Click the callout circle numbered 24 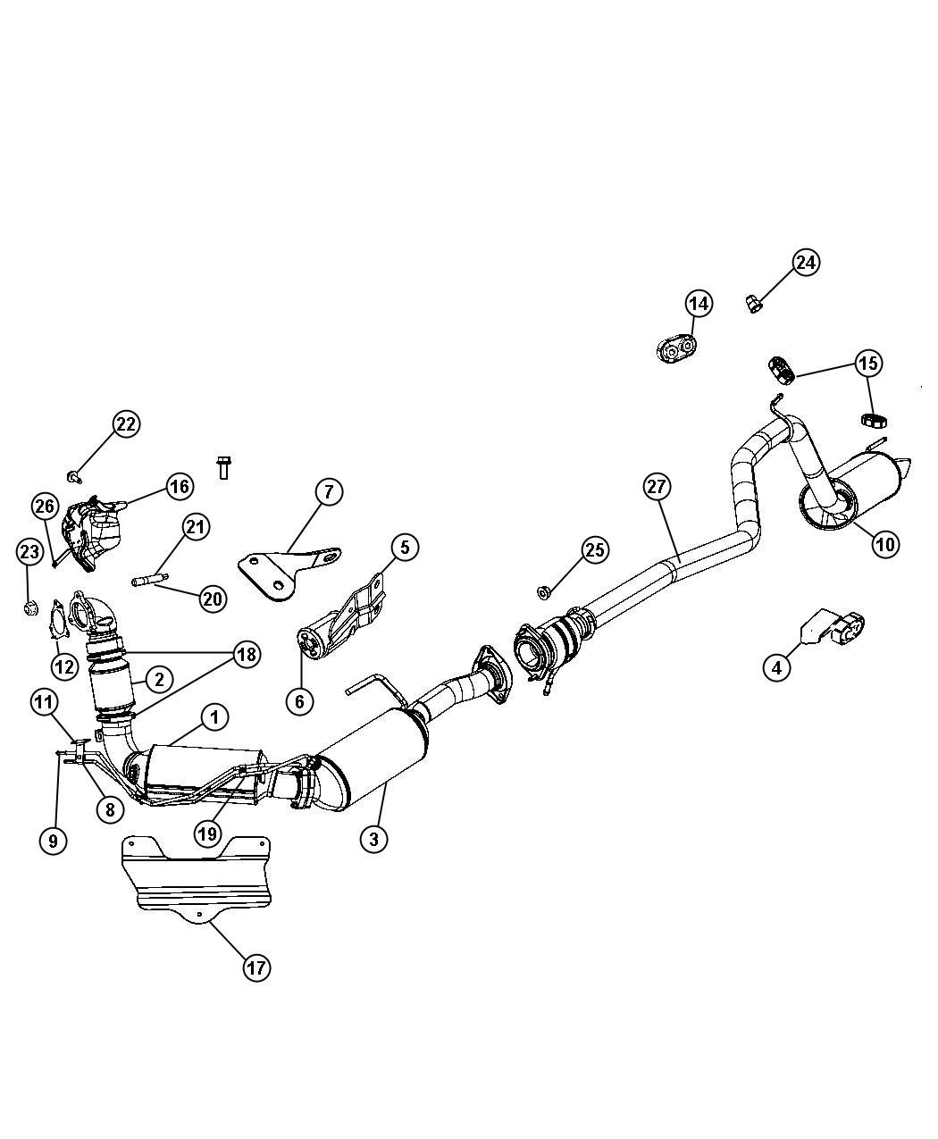pos(806,263)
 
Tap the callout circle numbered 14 pos(699,304)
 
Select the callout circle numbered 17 pos(256,967)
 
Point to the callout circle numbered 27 pos(657,487)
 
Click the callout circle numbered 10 pos(885,543)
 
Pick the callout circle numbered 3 pos(374,838)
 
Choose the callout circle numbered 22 pos(126,424)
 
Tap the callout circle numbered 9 pos(53,840)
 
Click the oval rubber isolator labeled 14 pos(676,348)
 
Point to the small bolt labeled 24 pos(753,305)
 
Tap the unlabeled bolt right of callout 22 pos(222,467)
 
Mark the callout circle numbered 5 pos(404,547)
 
